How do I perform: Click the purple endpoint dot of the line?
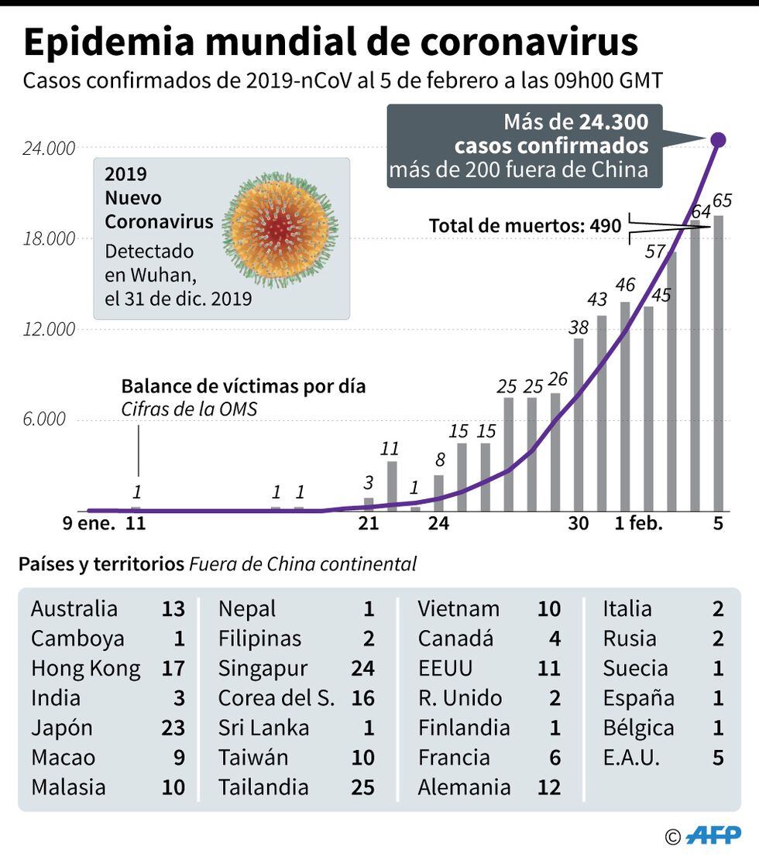718,140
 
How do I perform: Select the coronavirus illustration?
282,231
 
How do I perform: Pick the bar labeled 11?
392,486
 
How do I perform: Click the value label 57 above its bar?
655,251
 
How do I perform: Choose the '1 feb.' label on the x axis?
639,523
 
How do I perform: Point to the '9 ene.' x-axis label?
88,523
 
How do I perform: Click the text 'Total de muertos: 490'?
525,226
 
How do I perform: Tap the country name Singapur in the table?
263,668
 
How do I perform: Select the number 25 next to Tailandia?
362,787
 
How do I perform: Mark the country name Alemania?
464,787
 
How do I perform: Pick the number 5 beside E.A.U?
718,758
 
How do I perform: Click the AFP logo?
714,836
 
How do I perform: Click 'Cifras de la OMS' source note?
188,409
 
